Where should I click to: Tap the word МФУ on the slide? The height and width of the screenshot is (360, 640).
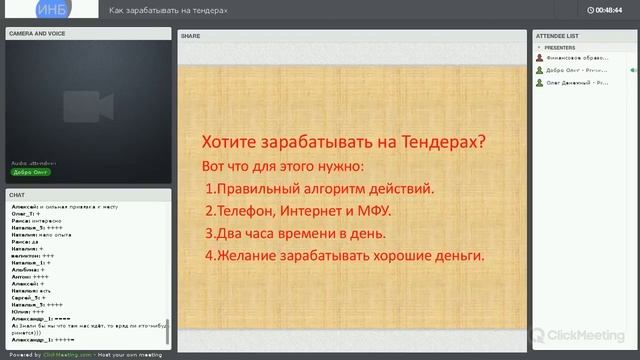pyautogui.click(x=374, y=211)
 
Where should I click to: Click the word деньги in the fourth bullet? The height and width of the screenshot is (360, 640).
pyautogui.click(x=457, y=256)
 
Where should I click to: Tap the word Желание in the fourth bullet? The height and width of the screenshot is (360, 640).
pyautogui.click(x=247, y=256)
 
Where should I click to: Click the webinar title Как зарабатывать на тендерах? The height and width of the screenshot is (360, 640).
pyautogui.click(x=183, y=10)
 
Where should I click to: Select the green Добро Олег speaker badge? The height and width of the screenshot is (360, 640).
pyautogui.click(x=31, y=172)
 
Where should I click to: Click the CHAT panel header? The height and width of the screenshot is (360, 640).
pyautogui.click(x=18, y=194)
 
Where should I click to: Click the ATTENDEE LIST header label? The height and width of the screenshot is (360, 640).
pyautogui.click(x=558, y=34)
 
